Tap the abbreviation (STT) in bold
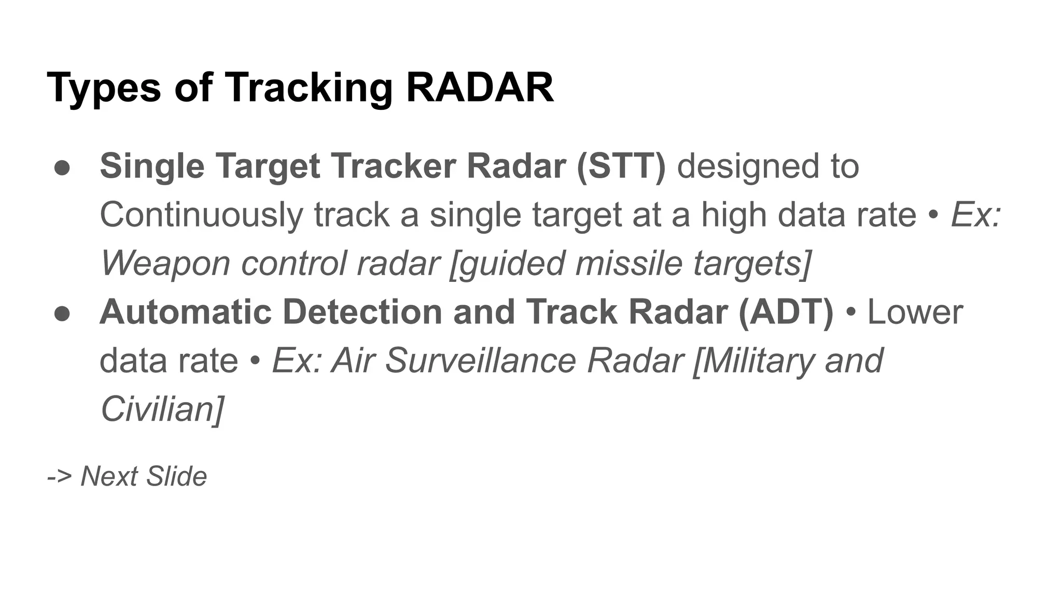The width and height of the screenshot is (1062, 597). click(x=621, y=166)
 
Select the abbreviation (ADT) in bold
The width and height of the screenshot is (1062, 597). click(x=785, y=312)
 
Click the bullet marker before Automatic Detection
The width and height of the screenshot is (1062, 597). click(x=62, y=314)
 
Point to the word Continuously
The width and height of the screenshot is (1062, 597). click(x=201, y=216)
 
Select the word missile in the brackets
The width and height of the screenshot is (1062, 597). click(x=628, y=263)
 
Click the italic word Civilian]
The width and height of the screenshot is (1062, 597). click(x=162, y=409)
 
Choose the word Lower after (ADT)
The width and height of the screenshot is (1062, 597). click(x=915, y=312)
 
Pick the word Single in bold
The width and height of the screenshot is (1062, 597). click(x=152, y=166)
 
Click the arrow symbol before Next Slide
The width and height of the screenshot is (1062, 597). click(x=59, y=476)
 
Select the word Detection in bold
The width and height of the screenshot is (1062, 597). click(x=362, y=312)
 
